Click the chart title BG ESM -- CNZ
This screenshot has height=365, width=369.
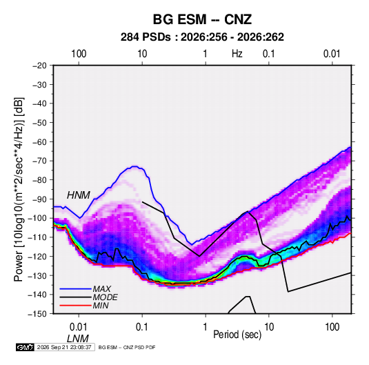202,19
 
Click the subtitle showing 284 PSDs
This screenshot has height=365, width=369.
202,37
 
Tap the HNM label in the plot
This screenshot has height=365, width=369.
79,195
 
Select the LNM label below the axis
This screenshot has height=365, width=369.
78,339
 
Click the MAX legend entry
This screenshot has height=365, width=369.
101,289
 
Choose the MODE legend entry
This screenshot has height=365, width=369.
106,297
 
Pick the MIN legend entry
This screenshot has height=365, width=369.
101,306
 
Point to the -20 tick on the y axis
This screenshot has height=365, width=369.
39,66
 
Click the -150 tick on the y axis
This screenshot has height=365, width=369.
38,314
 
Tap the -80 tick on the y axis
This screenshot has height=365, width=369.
39,180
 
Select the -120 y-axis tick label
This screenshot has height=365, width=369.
38,256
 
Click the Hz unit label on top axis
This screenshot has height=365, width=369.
237,54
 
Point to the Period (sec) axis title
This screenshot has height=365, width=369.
237,335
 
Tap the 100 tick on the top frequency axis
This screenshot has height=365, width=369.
79,54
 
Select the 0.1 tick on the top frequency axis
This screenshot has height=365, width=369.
269,54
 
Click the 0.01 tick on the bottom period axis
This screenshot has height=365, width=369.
79,327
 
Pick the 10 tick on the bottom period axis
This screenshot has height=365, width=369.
269,327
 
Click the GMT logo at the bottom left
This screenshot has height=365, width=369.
25,347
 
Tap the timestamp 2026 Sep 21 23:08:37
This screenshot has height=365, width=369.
64,347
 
